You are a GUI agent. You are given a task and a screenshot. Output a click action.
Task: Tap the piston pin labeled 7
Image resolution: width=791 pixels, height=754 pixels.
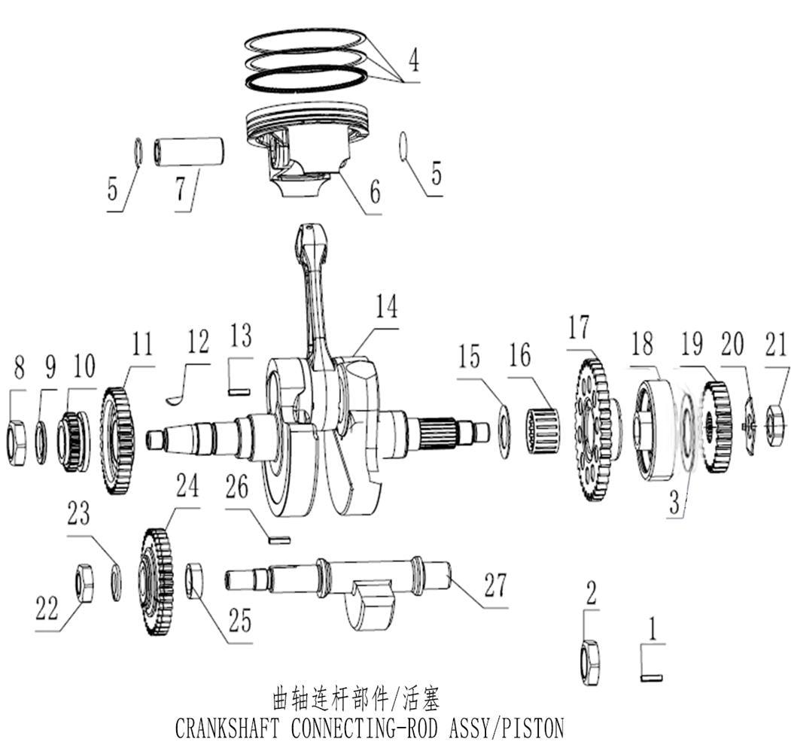point(190,151)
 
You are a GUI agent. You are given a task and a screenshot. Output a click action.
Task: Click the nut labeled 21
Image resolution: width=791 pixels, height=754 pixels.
point(775,425)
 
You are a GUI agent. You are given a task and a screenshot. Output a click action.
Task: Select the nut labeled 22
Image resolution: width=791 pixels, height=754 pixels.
point(84,582)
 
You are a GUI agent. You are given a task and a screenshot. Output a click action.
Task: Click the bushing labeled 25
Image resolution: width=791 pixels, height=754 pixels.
point(194,581)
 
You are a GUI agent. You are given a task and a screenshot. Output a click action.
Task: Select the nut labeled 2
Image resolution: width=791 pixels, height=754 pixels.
point(590,662)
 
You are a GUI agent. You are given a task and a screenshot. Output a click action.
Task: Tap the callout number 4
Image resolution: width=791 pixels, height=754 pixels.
point(412,60)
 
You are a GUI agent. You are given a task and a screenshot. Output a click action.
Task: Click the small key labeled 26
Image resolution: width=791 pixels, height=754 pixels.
point(279,538)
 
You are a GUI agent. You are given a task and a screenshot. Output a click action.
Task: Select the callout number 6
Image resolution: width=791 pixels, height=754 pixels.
point(373,192)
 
